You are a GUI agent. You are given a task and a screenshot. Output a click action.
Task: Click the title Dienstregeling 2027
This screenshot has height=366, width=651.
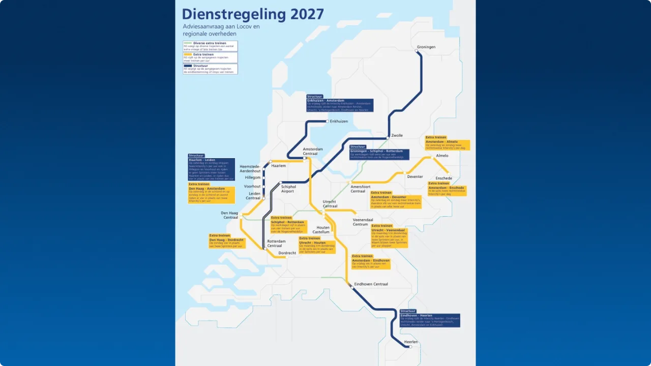(x=253, y=14)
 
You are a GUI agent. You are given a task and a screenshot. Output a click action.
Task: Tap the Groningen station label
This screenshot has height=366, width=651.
(x=426, y=47)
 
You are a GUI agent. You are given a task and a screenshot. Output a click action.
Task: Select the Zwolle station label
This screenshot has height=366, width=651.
(x=397, y=135)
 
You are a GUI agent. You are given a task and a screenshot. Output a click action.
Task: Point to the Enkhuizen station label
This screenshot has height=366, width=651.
(x=339, y=121)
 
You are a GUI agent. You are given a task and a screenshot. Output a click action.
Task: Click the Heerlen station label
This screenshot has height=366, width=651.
(x=411, y=342)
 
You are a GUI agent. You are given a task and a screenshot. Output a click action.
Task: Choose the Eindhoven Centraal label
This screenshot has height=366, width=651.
(x=371, y=284)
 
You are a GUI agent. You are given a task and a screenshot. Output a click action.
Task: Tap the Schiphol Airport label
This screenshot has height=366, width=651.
(x=288, y=189)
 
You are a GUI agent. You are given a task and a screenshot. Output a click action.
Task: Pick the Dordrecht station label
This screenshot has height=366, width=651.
(x=287, y=253)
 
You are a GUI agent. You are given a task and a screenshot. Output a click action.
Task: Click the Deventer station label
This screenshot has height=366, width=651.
(x=415, y=177)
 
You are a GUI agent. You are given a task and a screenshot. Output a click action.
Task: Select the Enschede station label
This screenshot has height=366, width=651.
(x=443, y=178)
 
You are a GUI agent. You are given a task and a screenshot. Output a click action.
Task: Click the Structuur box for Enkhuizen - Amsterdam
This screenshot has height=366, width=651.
(x=340, y=103)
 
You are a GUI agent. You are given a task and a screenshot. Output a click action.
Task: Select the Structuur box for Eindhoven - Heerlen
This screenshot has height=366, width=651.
(x=430, y=318)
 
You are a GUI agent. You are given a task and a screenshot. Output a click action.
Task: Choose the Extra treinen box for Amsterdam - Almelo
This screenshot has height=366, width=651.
(x=448, y=143)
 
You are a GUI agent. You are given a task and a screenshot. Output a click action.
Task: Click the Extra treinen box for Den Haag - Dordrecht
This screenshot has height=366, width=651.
(x=227, y=241)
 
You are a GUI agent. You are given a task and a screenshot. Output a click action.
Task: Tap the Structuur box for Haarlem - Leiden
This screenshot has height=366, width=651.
(x=211, y=168)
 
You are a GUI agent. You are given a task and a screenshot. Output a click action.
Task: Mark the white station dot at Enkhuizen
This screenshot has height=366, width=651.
(x=327, y=121)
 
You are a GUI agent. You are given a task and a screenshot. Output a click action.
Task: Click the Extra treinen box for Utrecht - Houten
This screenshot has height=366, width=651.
(x=317, y=245)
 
